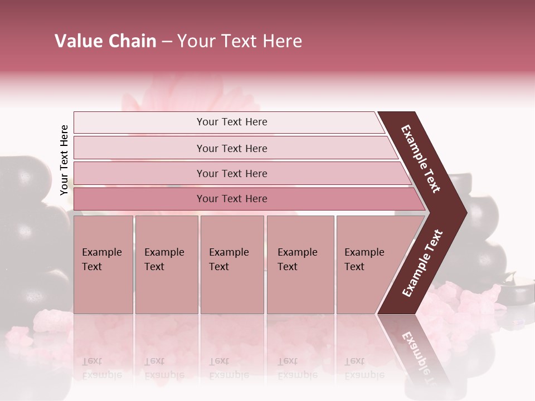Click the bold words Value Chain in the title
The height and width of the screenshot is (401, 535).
(105, 41)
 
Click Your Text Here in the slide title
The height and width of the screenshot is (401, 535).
(240, 41)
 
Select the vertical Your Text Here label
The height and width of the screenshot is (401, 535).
(64, 160)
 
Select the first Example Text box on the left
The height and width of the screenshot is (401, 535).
(103, 265)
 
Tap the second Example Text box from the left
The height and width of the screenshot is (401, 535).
(166, 265)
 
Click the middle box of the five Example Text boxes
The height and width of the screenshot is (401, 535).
(232, 265)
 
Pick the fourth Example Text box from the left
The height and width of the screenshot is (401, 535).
(300, 265)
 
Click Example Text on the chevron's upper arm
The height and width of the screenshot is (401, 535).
(421, 159)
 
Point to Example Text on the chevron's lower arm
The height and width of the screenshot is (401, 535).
(422, 263)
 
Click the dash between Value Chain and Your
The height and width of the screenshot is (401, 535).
(167, 42)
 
